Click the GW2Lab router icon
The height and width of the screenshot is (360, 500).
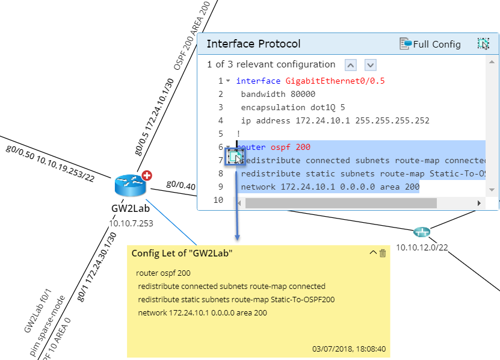click(x=130, y=185)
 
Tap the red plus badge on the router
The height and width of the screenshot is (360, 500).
click(x=146, y=176)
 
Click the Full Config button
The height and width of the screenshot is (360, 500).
click(x=430, y=44)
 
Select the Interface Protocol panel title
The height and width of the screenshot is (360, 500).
click(x=253, y=44)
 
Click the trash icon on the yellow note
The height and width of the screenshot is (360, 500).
click(x=383, y=253)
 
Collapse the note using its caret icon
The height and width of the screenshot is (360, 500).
click(x=372, y=253)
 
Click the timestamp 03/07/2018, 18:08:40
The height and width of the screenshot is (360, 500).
click(x=349, y=348)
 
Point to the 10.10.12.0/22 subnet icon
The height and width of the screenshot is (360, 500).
click(x=421, y=232)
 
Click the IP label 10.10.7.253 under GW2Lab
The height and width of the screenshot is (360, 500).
click(x=131, y=223)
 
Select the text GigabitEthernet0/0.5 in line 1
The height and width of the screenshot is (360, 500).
click(x=335, y=81)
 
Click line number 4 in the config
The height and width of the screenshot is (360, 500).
click(x=221, y=120)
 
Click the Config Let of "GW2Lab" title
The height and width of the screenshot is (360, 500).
click(x=182, y=253)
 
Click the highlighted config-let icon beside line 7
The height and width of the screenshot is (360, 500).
click(x=234, y=158)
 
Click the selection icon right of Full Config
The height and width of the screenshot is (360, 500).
click(x=483, y=44)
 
